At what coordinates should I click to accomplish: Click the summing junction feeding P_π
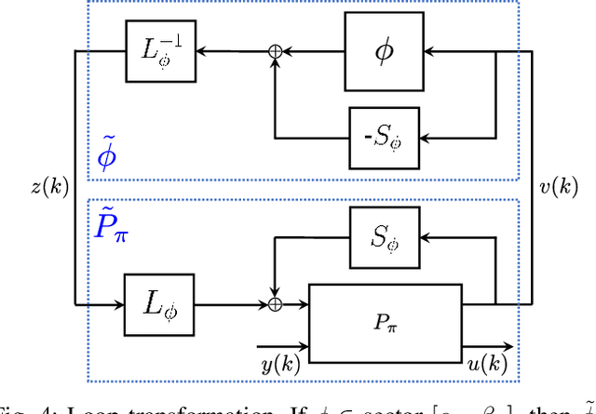tap(275, 303)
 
